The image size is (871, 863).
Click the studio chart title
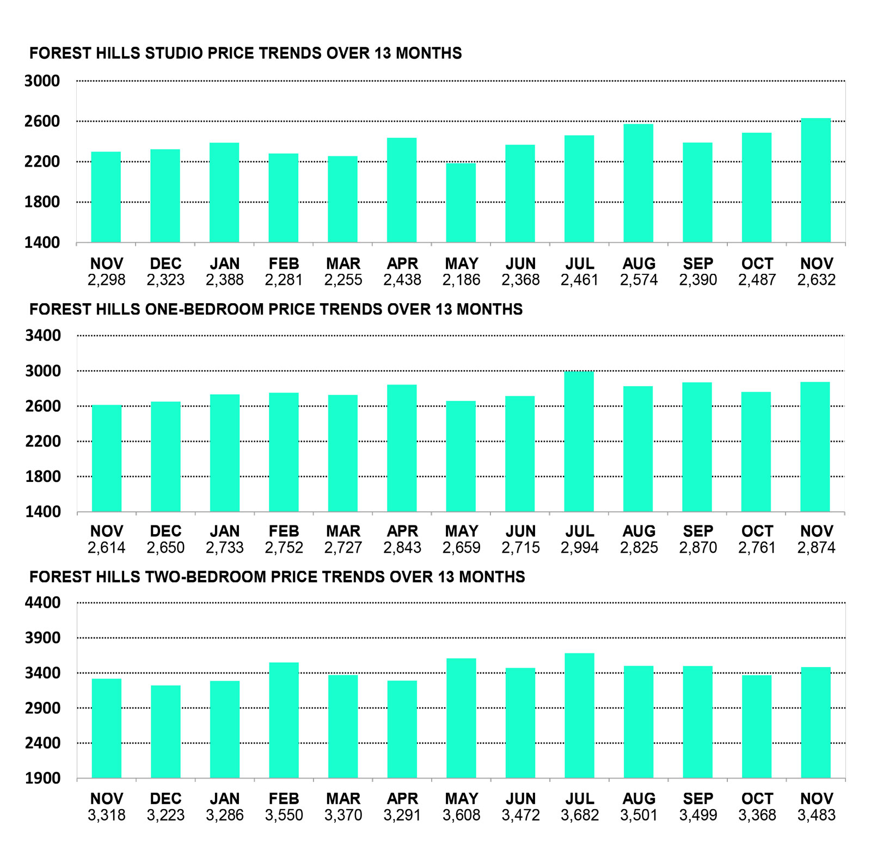tap(246, 53)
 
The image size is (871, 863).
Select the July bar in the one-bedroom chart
tap(579, 442)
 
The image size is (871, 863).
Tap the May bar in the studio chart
tap(461, 203)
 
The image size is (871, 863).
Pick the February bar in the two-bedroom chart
tap(284, 720)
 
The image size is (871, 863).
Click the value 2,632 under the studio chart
tap(816, 280)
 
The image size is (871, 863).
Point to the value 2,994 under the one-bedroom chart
tap(579, 548)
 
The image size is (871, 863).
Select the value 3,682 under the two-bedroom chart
tap(579, 815)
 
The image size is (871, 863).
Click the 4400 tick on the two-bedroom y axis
tap(42, 603)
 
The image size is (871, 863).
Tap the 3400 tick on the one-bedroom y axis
tap(42, 335)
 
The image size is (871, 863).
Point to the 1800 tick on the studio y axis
tap(42, 202)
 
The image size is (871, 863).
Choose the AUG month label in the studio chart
tap(639, 264)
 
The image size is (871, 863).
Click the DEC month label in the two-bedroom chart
tap(165, 799)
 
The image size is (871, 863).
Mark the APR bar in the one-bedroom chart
tap(402, 448)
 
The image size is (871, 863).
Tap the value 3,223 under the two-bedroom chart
tap(165, 815)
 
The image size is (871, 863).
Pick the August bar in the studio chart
tap(639, 183)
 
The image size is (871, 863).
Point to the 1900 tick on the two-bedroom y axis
tap(42, 778)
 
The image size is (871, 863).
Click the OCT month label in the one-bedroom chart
tap(757, 531)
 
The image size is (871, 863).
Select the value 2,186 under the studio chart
tap(461, 280)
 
